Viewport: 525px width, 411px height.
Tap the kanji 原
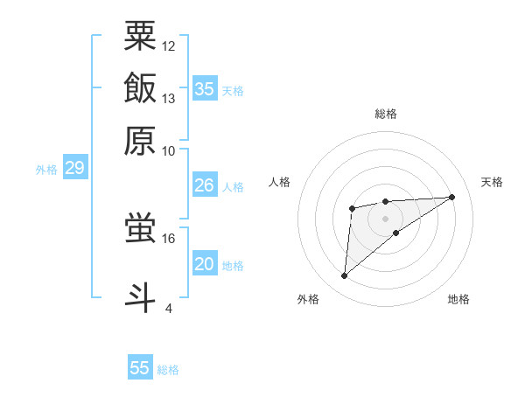[140, 140]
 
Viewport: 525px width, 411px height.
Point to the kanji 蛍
[140, 229]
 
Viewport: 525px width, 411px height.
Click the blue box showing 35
[205, 88]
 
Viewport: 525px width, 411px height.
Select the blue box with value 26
[205, 185]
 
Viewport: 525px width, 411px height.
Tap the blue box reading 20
[205, 264]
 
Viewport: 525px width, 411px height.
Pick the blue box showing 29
[74, 169]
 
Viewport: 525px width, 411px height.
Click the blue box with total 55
[140, 368]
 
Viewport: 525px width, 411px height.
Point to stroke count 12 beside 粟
[169, 45]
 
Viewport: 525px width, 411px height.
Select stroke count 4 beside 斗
[169, 307]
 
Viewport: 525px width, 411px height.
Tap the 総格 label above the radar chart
[386, 114]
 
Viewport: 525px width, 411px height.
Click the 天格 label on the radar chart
[492, 182]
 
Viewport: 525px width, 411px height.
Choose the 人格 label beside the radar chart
[280, 182]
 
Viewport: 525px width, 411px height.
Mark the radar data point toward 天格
[452, 197]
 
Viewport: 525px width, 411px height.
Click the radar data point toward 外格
[345, 276]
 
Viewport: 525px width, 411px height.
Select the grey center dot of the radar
[386, 218]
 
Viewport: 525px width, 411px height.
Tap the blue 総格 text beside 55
[168, 370]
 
